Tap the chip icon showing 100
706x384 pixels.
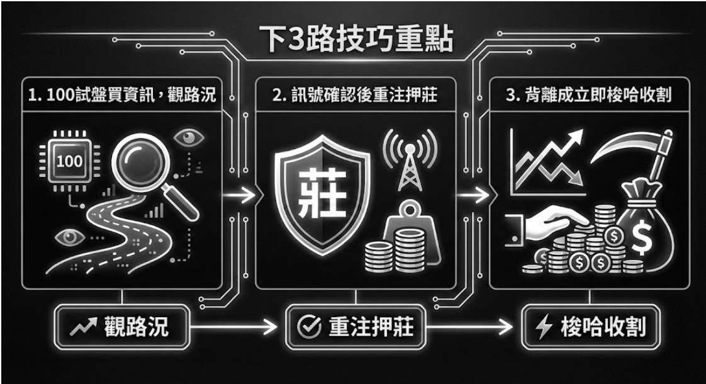coord(69,161)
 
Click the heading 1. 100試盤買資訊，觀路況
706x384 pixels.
coord(121,97)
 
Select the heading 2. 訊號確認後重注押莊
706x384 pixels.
coord(354,97)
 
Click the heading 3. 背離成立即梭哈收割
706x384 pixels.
coord(590,97)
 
